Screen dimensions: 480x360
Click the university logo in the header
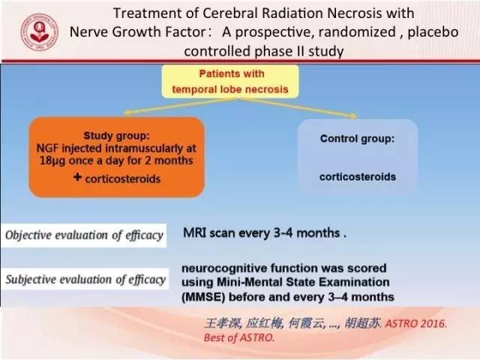[40, 32]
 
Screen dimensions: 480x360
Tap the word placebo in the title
[433, 32]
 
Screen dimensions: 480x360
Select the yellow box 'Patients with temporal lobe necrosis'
[230, 82]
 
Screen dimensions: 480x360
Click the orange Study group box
[117, 157]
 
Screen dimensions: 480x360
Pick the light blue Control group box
[358, 157]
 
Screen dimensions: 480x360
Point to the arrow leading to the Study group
[183, 106]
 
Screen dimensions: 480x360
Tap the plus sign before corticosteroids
[77, 177]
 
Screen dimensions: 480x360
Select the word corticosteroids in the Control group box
[358, 177]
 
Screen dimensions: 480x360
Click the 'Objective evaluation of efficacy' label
[84, 235]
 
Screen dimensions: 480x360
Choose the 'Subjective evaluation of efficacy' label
[85, 280]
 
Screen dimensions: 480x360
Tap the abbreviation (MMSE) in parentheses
[203, 297]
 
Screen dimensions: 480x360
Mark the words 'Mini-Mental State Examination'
[303, 282]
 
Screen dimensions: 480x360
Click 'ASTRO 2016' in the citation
[415, 323]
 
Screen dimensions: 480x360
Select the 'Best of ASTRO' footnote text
[238, 337]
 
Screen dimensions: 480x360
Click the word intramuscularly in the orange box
[144, 148]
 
